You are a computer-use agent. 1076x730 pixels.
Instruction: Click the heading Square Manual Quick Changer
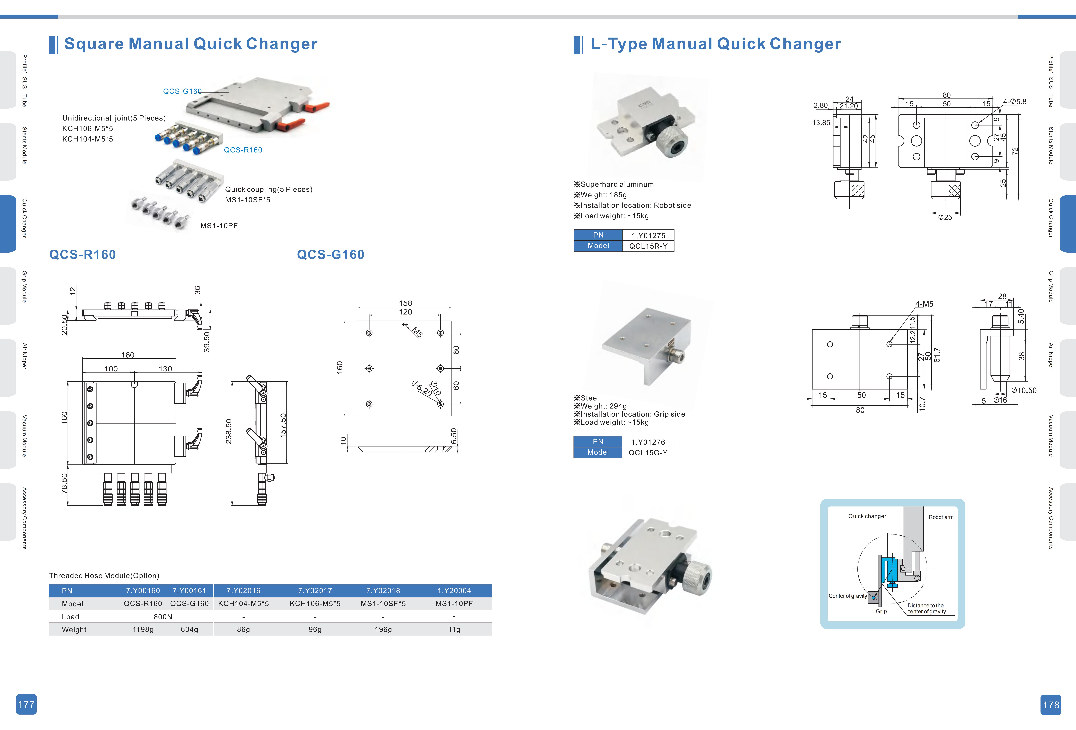[191, 44]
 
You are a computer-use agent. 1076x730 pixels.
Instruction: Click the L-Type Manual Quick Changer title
[715, 44]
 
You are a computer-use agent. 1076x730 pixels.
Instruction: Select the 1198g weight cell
[143, 630]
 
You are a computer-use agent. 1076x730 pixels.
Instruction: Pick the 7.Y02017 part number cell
[315, 591]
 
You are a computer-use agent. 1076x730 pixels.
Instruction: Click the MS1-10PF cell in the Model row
[454, 604]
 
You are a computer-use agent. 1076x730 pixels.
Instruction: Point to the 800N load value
[163, 617]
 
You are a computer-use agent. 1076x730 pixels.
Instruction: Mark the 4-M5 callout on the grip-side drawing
[924, 304]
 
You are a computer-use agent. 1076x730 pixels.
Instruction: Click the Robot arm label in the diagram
[941, 517]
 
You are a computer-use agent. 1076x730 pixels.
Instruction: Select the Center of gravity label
[847, 596]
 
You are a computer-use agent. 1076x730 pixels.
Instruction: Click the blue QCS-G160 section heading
[331, 255]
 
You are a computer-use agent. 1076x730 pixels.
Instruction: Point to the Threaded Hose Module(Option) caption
[104, 575]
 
